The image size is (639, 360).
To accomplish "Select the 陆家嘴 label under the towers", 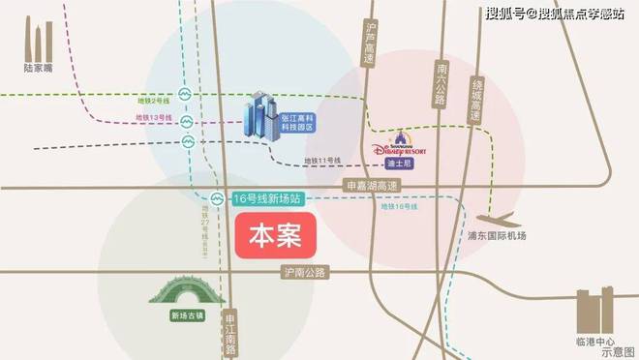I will click(x=41, y=69).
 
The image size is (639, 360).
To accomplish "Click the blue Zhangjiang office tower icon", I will click(x=260, y=117).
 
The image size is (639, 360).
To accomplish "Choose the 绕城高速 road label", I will click(x=474, y=98).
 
